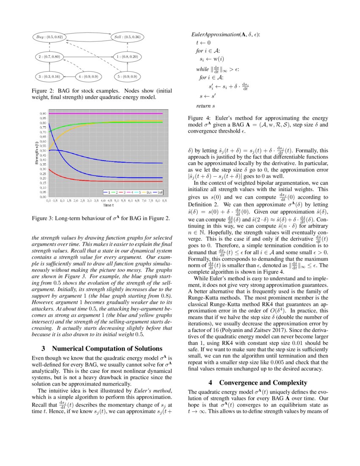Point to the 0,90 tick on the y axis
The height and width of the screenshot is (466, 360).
pyautogui.click(x=43, y=114)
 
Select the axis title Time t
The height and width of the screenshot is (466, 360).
pyautogui.click(x=108, y=205)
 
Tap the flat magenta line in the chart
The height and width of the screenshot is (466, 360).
pyautogui.click(x=106, y=114)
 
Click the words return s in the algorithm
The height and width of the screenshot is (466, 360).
pyautogui.click(x=205, y=105)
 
